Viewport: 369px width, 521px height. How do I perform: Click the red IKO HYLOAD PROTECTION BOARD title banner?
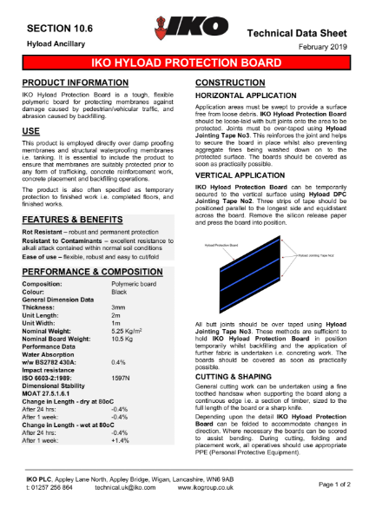point(184,64)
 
